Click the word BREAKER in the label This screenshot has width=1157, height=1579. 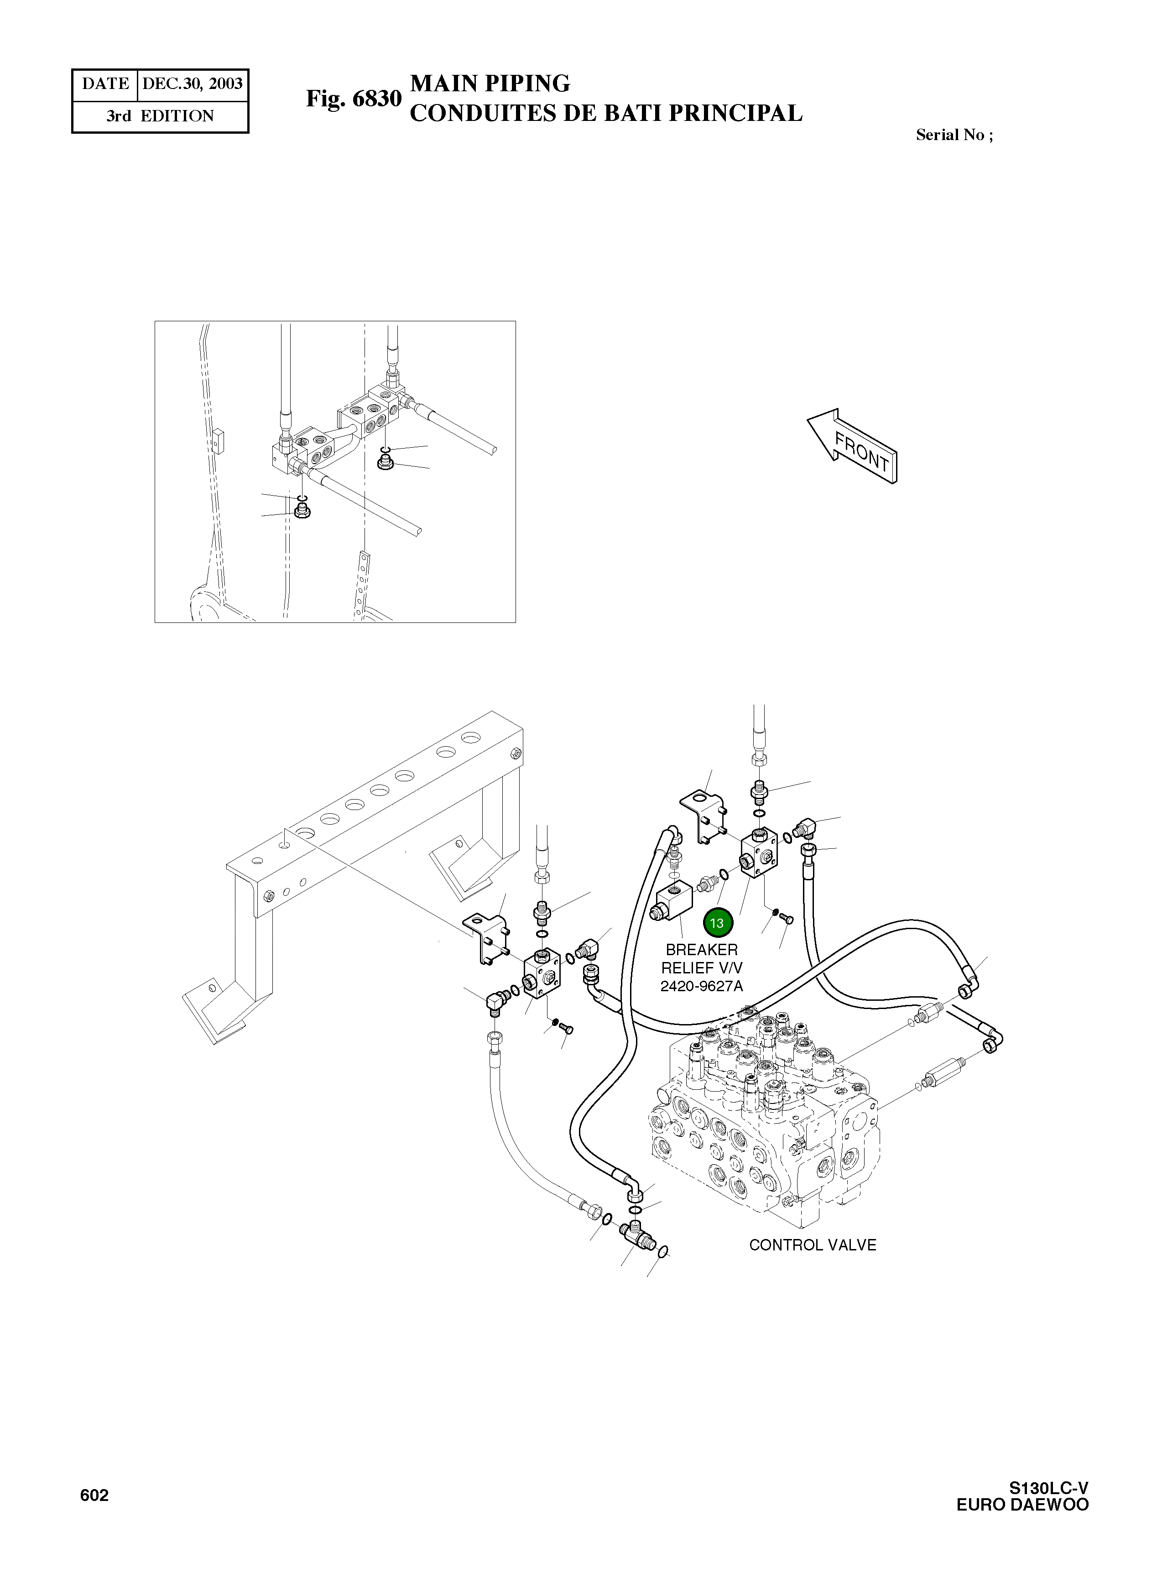point(701,950)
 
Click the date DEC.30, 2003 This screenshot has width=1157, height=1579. point(193,84)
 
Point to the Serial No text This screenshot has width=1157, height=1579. point(954,135)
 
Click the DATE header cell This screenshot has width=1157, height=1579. point(105,84)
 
